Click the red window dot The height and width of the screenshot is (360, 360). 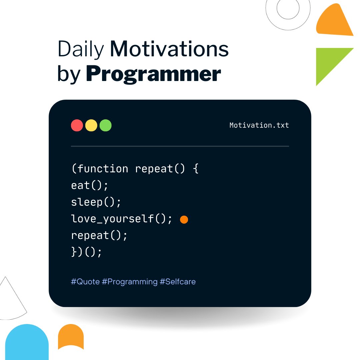pos(77,125)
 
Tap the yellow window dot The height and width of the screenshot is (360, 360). pos(91,125)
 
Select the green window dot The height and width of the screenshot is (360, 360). pos(106,125)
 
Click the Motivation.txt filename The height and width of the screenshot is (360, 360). pos(259,125)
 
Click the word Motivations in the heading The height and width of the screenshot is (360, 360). pos(169,49)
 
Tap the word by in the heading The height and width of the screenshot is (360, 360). pos(69,75)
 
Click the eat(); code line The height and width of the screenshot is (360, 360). pos(90,185)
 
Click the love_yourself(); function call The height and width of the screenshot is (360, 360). pos(122,219)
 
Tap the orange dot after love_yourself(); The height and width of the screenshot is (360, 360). pos(184,220)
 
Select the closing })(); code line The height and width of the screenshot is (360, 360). pos(86,252)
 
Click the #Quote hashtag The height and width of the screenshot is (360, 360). pos(85,282)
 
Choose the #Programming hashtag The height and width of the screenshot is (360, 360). pos(130,282)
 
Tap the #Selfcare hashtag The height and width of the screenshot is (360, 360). pos(178,282)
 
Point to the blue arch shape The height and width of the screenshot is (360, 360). pos(27,343)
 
